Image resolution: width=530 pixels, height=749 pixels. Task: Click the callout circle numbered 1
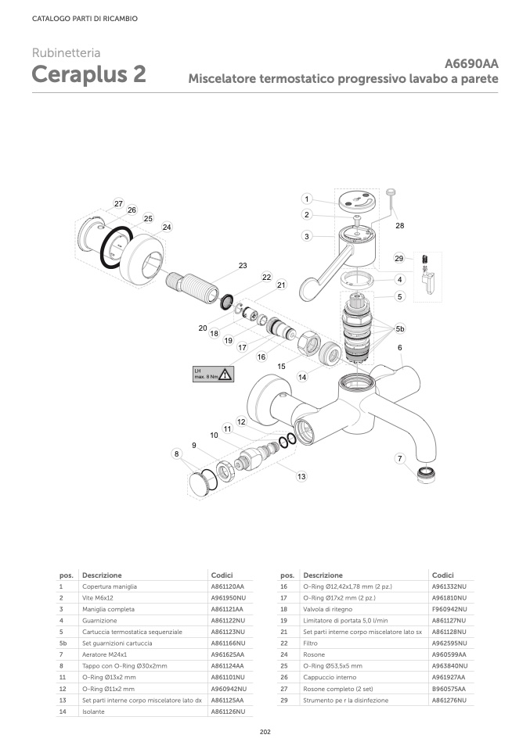(307, 199)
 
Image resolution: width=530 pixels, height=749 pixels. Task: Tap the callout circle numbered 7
(400, 458)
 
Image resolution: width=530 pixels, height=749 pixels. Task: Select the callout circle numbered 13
(301, 476)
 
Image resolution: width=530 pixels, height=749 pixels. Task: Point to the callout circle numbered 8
(178, 453)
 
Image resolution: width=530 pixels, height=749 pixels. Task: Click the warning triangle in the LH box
(226, 374)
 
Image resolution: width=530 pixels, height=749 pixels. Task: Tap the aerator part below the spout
(426, 471)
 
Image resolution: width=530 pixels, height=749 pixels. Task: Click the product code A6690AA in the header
(471, 64)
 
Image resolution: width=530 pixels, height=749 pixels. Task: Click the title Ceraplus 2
(88, 75)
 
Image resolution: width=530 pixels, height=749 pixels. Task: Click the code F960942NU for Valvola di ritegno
(449, 609)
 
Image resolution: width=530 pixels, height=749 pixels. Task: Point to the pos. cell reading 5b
(63, 643)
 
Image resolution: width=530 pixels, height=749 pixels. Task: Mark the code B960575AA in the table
(449, 689)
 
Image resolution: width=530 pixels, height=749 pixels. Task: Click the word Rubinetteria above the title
(66, 53)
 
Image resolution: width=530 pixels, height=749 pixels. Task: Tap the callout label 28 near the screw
(399, 225)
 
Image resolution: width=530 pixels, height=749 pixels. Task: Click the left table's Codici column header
(222, 575)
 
